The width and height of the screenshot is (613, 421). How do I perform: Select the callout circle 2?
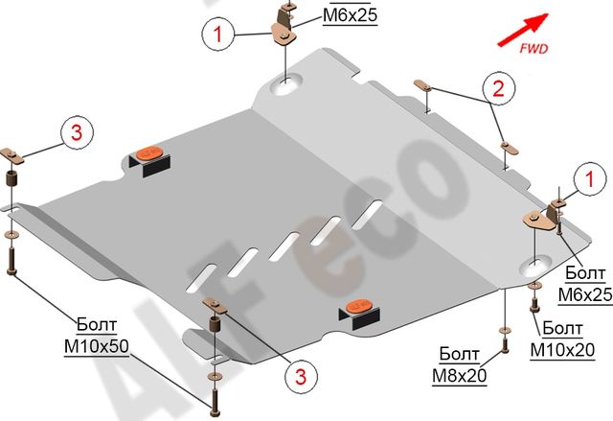pyautogui.click(x=497, y=89)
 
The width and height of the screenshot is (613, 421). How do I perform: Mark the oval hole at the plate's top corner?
pyautogui.click(x=284, y=87)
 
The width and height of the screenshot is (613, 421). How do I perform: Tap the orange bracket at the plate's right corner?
pyautogui.click(x=537, y=220)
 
